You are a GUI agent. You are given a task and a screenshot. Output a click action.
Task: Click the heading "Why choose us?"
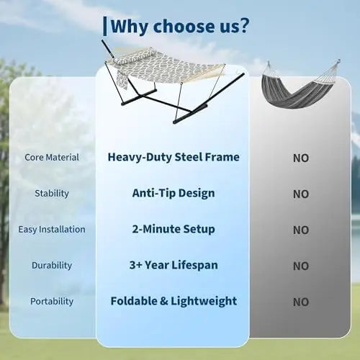(180, 26)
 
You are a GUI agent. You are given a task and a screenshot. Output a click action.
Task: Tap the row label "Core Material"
(52, 158)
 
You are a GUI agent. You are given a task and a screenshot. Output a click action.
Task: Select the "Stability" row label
(52, 194)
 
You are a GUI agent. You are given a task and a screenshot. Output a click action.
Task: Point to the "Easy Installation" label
(52, 230)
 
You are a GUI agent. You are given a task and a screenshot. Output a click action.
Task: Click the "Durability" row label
(52, 266)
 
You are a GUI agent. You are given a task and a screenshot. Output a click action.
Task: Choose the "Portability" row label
(52, 302)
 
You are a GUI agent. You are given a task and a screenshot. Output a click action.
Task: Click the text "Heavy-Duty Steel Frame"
(174, 158)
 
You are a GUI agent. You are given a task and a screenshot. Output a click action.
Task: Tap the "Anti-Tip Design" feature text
(174, 193)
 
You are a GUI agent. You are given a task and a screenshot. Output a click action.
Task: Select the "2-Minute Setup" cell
(174, 229)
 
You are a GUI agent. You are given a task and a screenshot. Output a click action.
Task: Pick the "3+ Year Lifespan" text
(174, 266)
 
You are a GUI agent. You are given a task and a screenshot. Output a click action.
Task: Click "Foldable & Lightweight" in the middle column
(174, 302)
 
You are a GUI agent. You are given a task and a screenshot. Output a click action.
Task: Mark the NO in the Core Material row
(301, 158)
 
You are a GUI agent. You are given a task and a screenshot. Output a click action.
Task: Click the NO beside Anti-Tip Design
(301, 194)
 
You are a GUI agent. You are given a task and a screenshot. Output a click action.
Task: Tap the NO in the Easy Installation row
(301, 230)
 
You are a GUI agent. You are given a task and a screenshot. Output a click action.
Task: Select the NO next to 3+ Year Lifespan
(301, 266)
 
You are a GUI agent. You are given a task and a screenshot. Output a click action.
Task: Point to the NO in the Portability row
(301, 302)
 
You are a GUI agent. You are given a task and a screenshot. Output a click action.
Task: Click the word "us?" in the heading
(234, 26)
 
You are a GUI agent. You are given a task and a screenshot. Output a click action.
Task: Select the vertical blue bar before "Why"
(105, 27)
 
